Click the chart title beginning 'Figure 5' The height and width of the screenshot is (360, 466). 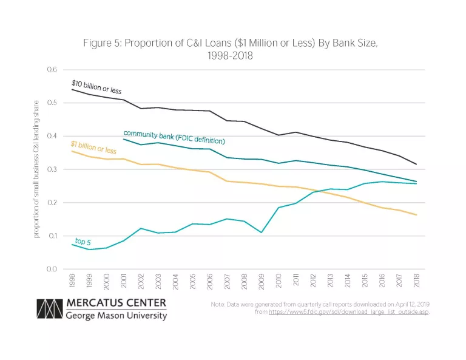click(232, 49)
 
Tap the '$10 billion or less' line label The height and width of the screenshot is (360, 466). click(96, 86)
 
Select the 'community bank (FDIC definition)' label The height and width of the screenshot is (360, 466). click(174, 137)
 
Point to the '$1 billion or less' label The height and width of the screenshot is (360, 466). click(93, 148)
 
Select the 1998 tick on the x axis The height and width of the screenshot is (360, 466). click(72, 280)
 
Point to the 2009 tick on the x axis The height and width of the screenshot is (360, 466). click(262, 280)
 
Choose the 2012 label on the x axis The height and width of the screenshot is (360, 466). click(313, 280)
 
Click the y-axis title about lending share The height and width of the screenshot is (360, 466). click(37, 169)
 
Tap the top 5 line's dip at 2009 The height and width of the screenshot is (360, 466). click(262, 233)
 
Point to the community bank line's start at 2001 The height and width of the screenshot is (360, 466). click(124, 139)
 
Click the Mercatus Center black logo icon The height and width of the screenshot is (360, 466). click(49, 309)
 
